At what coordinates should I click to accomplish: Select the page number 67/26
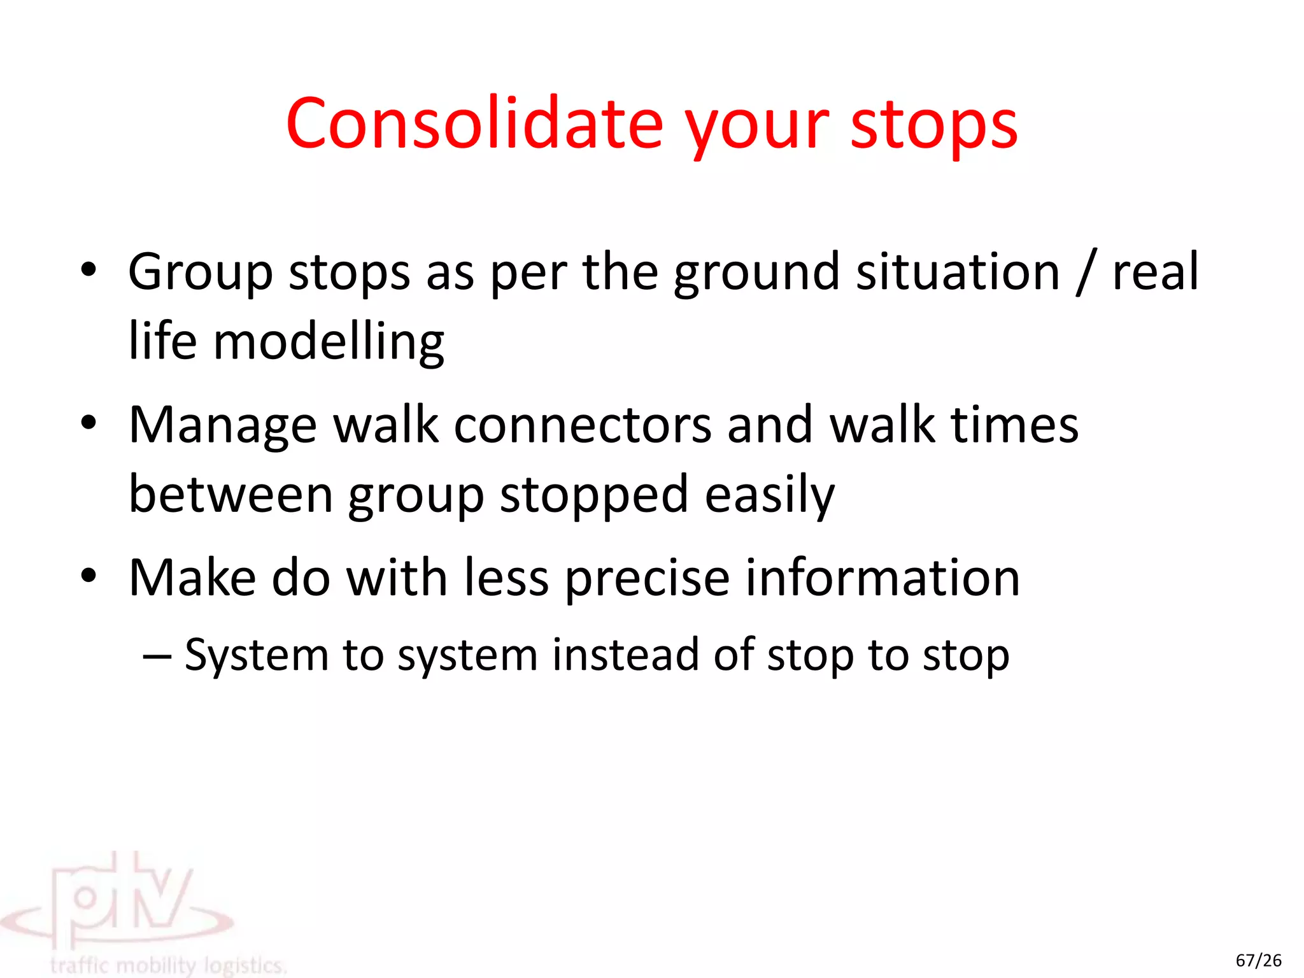pos(1258,960)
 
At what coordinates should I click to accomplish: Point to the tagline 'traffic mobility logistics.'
pos(168,965)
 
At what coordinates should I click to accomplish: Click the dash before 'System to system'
pos(157,656)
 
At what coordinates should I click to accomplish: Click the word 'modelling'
pos(329,343)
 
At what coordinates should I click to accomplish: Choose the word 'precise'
pos(647,579)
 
